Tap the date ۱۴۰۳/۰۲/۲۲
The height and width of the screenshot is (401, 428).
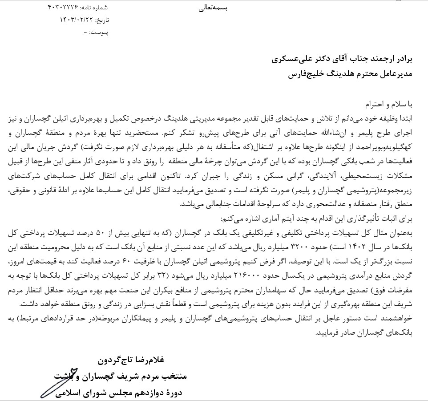[77, 20]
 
